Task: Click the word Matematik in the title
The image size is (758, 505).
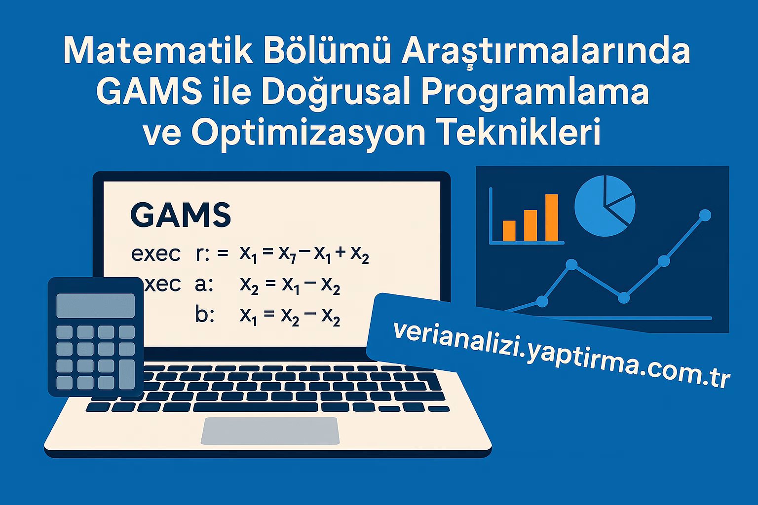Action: [x=158, y=51]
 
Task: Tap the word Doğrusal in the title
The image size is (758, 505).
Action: [x=336, y=92]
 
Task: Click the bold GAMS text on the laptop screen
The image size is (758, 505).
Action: [x=181, y=215]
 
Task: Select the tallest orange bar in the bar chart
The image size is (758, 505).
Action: [x=552, y=217]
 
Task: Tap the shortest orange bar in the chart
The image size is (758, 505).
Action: [x=509, y=231]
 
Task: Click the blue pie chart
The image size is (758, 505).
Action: [x=605, y=206]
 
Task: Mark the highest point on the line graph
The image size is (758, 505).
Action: [x=705, y=215]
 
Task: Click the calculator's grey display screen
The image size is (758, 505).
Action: [x=95, y=305]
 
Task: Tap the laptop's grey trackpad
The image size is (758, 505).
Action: [x=270, y=431]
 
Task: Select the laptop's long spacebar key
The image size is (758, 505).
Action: [x=257, y=407]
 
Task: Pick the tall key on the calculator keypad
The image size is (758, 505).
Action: [x=127, y=374]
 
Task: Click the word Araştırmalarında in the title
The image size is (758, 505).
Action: [x=545, y=51]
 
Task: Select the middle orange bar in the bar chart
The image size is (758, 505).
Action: [x=531, y=225]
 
